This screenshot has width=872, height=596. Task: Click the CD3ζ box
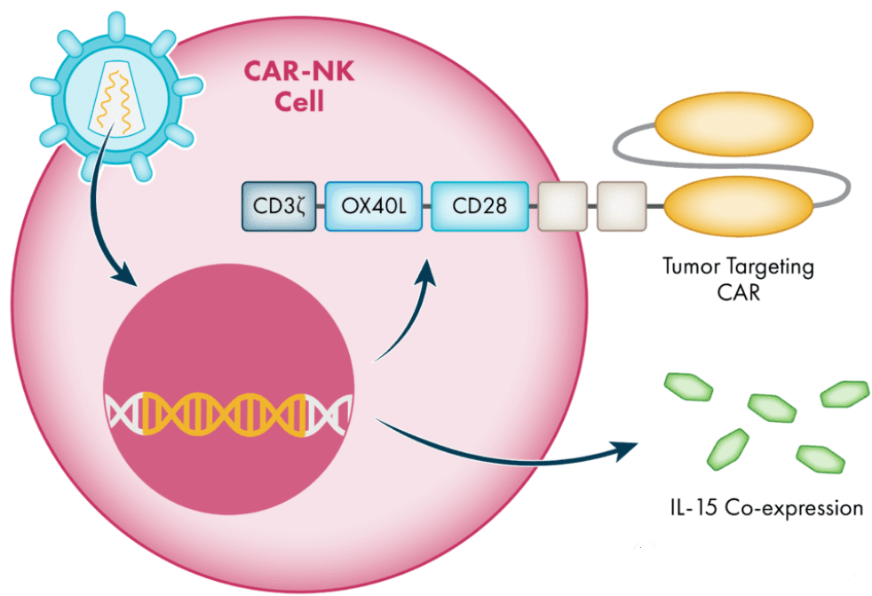[279, 207]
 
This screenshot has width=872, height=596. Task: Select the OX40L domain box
[373, 207]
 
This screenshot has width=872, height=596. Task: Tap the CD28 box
[480, 207]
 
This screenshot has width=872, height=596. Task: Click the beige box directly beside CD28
[562, 207]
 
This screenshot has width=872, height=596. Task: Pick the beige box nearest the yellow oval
[621, 207]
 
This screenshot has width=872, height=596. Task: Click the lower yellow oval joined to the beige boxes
[738, 207]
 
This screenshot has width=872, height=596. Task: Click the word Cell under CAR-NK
[298, 100]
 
